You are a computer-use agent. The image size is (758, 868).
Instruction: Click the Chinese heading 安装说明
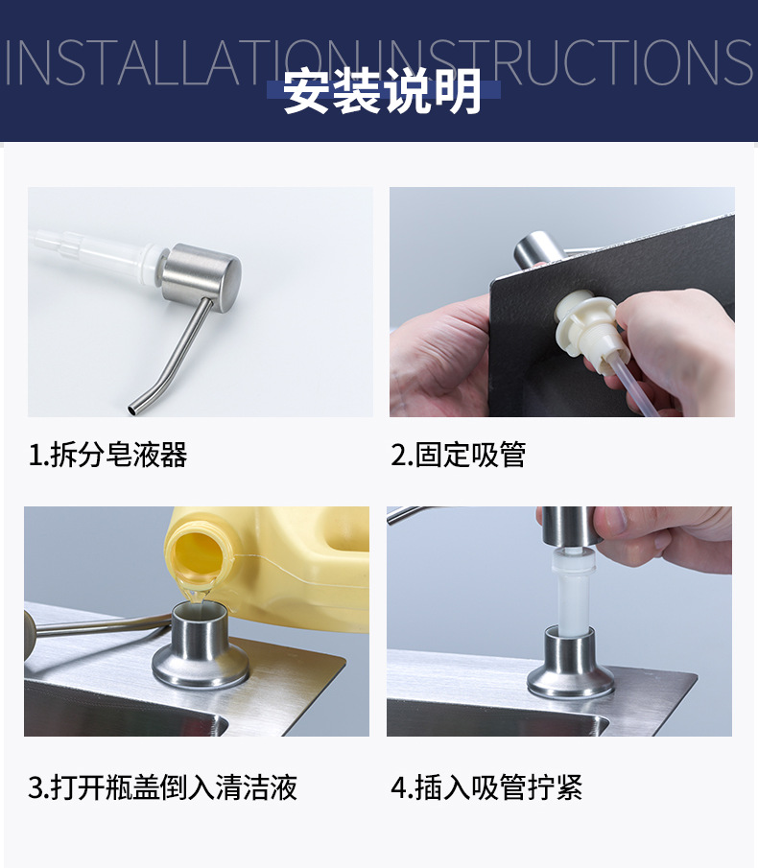[x=382, y=93]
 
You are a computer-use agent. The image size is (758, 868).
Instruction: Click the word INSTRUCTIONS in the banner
[x=566, y=62]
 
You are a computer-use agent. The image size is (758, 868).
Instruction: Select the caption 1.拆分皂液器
[x=108, y=455]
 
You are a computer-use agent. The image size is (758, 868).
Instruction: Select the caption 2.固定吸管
[x=459, y=455]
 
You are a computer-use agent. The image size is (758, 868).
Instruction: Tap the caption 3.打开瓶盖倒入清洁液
[x=163, y=787]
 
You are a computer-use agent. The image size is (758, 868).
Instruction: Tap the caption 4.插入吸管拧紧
[x=486, y=787]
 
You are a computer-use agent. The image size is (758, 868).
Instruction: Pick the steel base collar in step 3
[x=202, y=651]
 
